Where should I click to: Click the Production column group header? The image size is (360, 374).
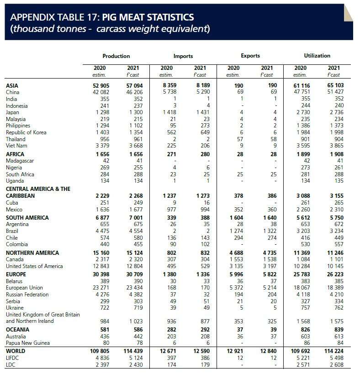coord(116,56)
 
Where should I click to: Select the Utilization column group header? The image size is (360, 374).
coord(317,56)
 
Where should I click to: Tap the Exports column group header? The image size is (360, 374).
coord(250,56)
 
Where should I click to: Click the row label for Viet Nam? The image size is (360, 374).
coord(16,146)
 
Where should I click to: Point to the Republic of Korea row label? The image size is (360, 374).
coord(26,132)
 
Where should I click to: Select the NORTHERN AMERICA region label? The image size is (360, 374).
coord(32,253)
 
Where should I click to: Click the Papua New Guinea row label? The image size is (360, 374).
coord(28,343)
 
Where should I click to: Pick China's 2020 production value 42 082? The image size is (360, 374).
coord(101,92)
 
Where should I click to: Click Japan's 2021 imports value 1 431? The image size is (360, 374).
coord(203,112)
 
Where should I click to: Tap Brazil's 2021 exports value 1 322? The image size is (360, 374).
coord(270,231)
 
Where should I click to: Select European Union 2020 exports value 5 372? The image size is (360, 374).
coord(237,288)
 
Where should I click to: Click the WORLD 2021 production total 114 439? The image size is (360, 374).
coord(133,351)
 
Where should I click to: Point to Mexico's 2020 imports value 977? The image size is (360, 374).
coord(171,210)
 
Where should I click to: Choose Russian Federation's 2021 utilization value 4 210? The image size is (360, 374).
coord(337,295)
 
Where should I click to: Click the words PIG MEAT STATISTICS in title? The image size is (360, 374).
coord(148,17)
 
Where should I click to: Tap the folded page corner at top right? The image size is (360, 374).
coord(348,13)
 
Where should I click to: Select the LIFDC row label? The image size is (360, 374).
coord(12,358)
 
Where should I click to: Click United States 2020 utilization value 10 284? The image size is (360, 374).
coord(302,266)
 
